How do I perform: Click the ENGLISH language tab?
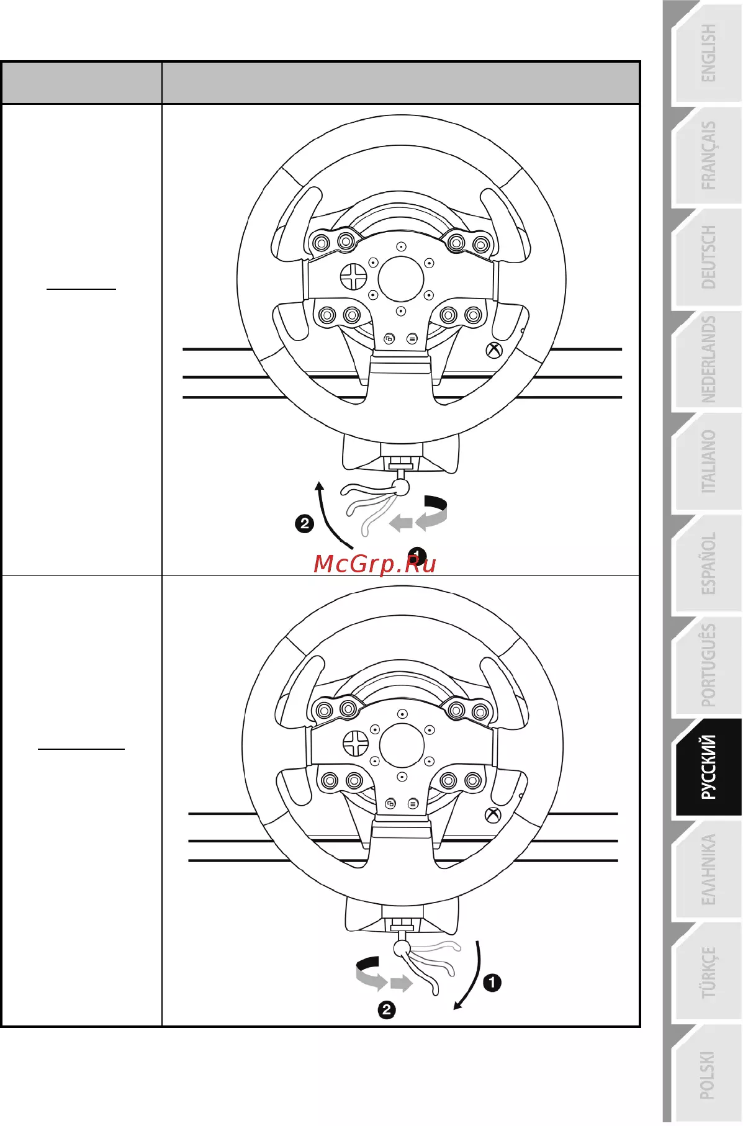pos(707,53)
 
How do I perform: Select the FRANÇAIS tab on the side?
pos(707,155)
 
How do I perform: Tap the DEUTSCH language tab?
pos(707,257)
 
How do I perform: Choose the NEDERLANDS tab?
pos(707,359)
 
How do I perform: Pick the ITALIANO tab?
pos(707,462)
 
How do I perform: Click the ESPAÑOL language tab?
pos(707,564)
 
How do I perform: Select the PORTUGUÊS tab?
pos(707,665)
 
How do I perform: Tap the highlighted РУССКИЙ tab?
pos(707,767)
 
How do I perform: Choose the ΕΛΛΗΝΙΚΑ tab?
pos(707,869)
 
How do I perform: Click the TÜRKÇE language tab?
pos(707,971)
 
